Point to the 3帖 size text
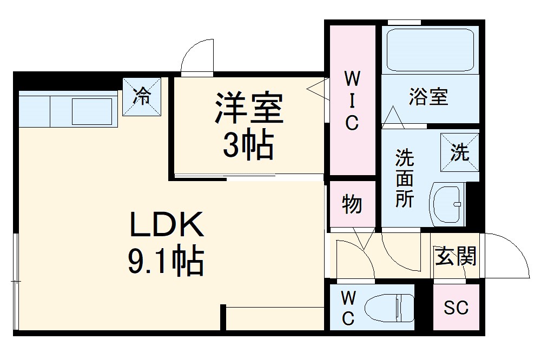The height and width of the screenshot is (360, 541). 248,145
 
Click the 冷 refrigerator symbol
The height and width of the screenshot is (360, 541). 142,97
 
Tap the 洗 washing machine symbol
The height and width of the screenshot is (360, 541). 460,152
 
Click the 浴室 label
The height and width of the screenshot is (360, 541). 428,97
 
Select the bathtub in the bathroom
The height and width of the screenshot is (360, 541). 431,50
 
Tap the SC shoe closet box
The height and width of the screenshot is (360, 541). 456,308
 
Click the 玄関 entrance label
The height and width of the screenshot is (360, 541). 456,256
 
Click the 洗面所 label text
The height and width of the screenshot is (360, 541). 404,179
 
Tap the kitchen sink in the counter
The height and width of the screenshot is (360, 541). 92,111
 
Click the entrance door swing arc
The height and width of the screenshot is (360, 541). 511,254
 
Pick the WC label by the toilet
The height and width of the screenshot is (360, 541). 348,308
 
